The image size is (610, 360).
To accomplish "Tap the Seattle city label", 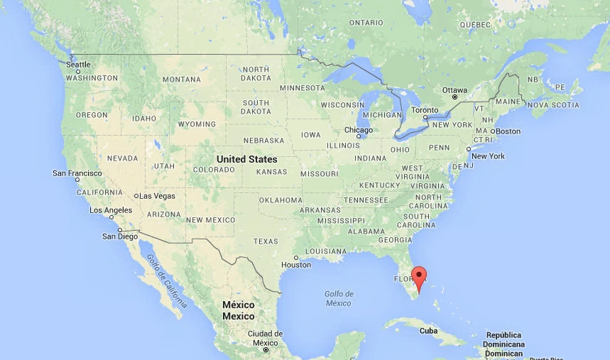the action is point(78,65).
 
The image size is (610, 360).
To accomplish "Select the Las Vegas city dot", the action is point(136,196).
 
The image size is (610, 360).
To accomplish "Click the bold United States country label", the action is point(246,159).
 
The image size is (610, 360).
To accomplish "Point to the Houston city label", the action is point(296,265).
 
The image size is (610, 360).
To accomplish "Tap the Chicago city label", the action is point(358,130).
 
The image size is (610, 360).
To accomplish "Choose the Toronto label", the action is point(425,110).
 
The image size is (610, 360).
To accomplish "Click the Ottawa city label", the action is point(455,90).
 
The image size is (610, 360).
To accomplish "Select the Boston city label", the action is point(508,131).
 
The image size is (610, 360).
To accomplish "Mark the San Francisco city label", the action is point(77,173).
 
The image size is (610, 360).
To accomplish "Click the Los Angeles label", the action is point(111,210).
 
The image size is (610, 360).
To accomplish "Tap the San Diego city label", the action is point(119,236).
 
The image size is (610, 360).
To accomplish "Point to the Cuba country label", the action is point(428,331).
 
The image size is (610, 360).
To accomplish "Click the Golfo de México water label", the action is point(339,298).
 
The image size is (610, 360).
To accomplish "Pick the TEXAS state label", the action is point(266,241).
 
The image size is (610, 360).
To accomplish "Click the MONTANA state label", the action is point(182,80).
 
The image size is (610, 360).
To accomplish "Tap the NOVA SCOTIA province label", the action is point(555,105).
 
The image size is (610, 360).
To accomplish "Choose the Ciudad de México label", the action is point(265,338).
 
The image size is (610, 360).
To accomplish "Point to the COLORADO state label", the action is point(214,170).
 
